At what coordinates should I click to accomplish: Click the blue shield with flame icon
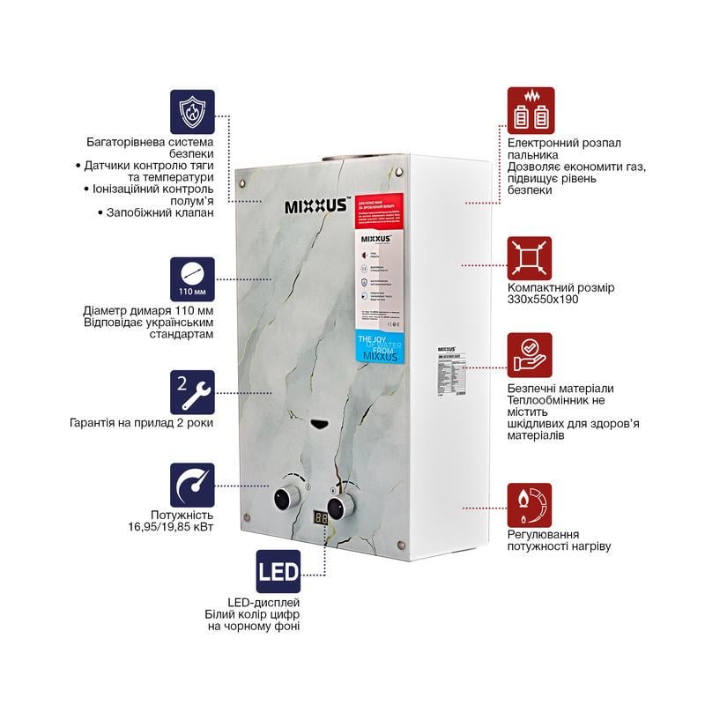pyautogui.click(x=192, y=110)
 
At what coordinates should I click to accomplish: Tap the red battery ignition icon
pyautogui.click(x=531, y=110)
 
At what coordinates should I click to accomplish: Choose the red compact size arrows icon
pyautogui.click(x=531, y=258)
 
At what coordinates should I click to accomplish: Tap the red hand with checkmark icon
pyautogui.click(x=531, y=355)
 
